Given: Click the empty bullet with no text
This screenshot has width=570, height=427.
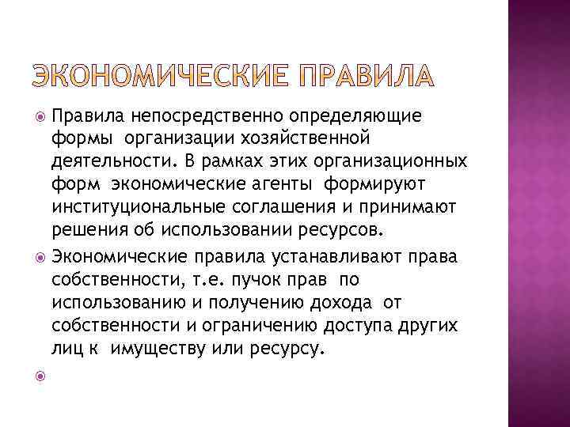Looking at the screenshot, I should point(40,377).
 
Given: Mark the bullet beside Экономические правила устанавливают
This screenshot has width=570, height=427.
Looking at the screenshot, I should point(40,255).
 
